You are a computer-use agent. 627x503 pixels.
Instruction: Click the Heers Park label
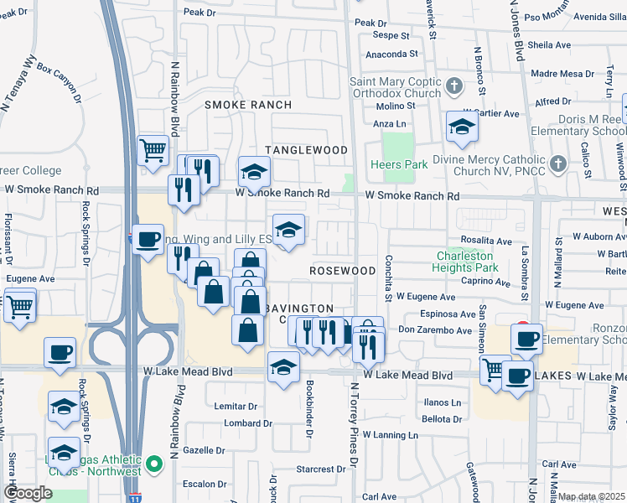(399, 165)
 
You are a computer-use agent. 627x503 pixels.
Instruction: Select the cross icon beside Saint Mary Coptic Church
(454, 86)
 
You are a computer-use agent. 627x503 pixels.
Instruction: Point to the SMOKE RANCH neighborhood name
(248, 105)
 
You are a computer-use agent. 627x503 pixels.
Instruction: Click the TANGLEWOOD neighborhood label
(306, 150)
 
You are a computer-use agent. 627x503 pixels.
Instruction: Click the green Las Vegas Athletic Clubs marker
(153, 464)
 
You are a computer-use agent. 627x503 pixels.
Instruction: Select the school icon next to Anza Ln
(461, 127)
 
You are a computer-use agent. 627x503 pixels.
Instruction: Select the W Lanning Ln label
(388, 435)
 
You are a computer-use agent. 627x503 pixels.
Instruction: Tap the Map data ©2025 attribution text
(591, 497)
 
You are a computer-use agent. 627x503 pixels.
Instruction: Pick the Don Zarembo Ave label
(435, 330)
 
